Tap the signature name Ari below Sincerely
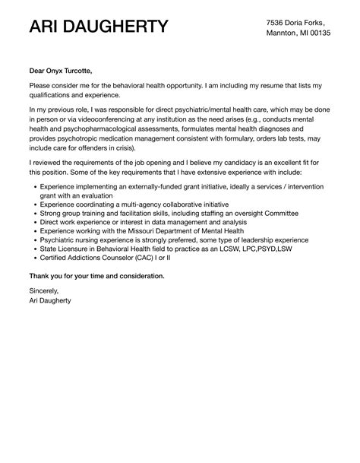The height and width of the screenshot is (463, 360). [x=36, y=300]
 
